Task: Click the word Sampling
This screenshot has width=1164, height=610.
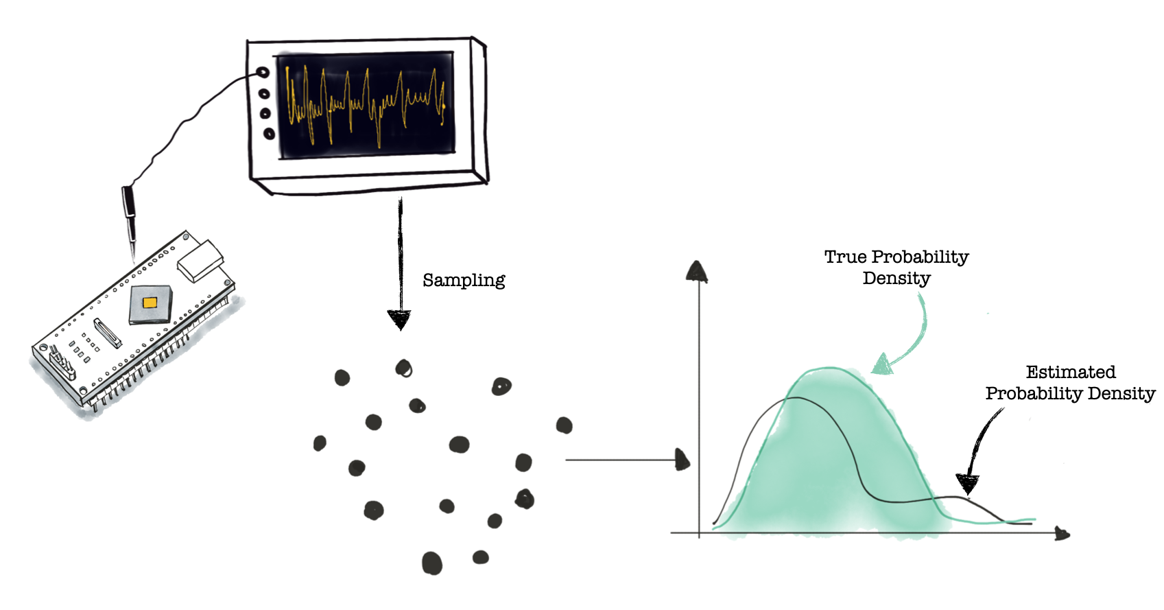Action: [x=464, y=280]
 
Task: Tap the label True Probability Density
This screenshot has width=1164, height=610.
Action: [x=896, y=267]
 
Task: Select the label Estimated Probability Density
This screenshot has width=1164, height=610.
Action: [x=1070, y=383]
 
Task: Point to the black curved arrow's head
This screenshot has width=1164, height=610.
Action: [x=967, y=484]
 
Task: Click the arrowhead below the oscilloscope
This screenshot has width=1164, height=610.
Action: [x=399, y=319]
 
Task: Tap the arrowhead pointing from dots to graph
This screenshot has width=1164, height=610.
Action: [x=682, y=460]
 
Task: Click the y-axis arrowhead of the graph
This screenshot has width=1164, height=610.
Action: [x=697, y=272]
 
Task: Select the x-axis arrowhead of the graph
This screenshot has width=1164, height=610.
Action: [x=1062, y=533]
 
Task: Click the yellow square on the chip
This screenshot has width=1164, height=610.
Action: [x=150, y=303]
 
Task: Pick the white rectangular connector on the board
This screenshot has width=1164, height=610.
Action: [x=200, y=261]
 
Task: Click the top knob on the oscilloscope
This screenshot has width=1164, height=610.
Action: [x=263, y=72]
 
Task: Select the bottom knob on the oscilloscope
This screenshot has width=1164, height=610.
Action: [x=269, y=134]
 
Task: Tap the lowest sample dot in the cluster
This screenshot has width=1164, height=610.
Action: [x=432, y=563]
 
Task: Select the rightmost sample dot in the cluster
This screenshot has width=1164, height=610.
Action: [x=564, y=425]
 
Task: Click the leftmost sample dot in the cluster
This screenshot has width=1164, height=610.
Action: [x=320, y=443]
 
